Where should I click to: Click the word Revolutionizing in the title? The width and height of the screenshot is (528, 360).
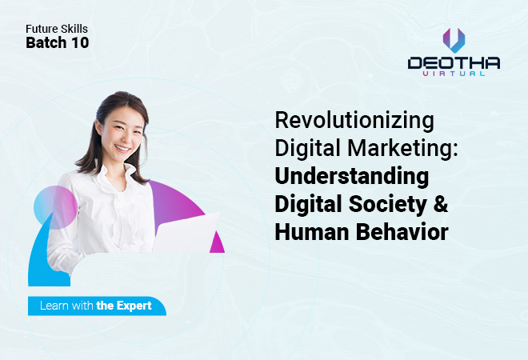pyautogui.click(x=354, y=121)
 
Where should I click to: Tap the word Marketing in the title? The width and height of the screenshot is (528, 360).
pyautogui.click(x=402, y=148)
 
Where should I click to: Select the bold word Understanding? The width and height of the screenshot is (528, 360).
pyautogui.click(x=352, y=177)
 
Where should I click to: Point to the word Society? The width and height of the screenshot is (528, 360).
pyautogui.click(x=388, y=204)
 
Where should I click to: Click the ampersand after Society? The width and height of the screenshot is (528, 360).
pyautogui.click(x=441, y=204)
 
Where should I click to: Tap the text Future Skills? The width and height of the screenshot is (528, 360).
pyautogui.click(x=57, y=29)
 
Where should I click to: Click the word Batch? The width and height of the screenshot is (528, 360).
pyautogui.click(x=46, y=42)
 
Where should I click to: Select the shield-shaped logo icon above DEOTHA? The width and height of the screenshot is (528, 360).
pyautogui.click(x=454, y=41)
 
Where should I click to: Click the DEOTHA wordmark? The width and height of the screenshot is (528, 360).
pyautogui.click(x=454, y=63)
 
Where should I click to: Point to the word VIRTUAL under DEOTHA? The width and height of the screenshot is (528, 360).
pyautogui.click(x=454, y=74)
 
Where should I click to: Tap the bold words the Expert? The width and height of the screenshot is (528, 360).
pyautogui.click(x=124, y=306)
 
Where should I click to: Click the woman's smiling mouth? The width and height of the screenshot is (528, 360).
pyautogui.click(x=122, y=147)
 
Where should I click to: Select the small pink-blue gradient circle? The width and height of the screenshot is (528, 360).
pyautogui.click(x=55, y=207)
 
